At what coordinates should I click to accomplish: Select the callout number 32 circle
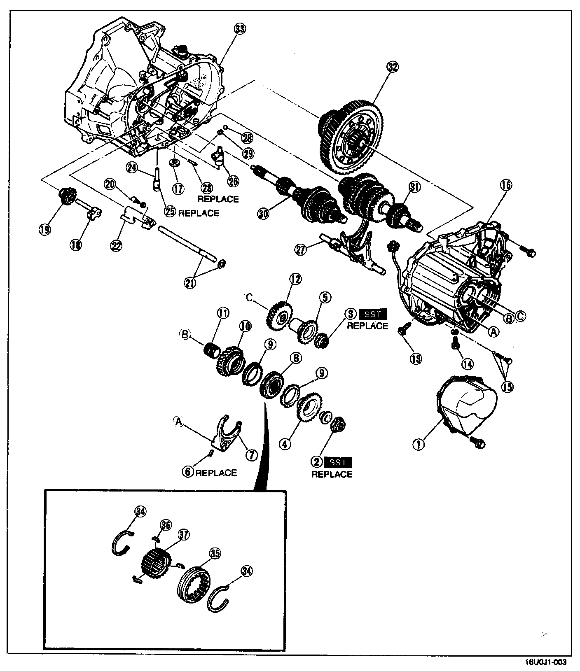click(x=393, y=67)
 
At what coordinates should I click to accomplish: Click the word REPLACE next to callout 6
click(x=216, y=473)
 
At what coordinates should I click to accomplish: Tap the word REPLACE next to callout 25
click(x=199, y=213)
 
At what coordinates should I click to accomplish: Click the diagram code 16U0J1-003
click(x=546, y=662)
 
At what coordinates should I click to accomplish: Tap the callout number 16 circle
click(x=506, y=185)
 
